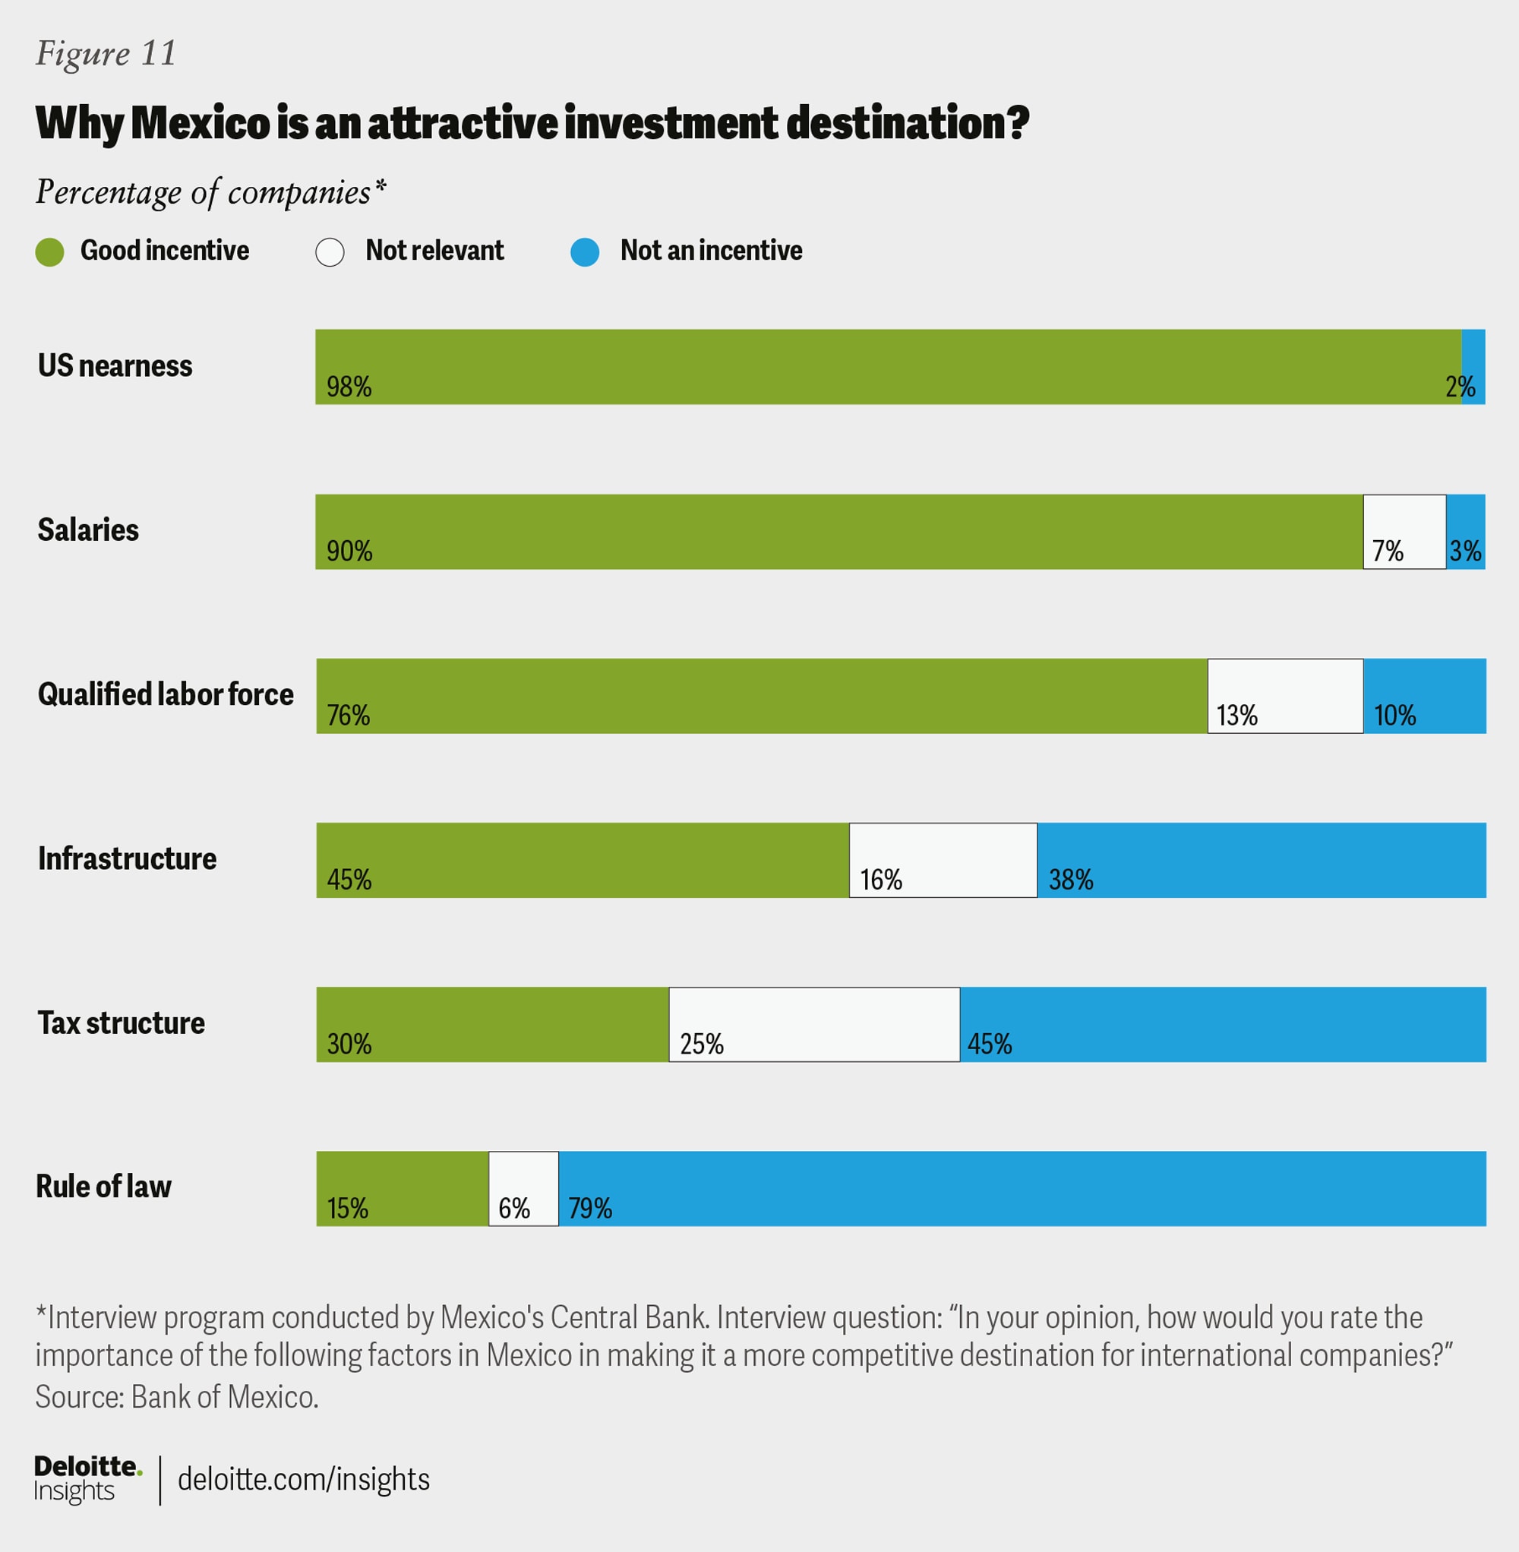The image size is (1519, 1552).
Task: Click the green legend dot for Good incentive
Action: pyautogui.click(x=49, y=252)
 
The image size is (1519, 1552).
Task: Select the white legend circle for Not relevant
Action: pyautogui.click(x=330, y=252)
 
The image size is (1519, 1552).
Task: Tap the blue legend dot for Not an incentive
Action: pyautogui.click(x=585, y=252)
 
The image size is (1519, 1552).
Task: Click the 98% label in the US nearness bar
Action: pyautogui.click(x=349, y=387)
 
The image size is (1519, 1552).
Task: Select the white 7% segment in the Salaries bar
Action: pyautogui.click(x=1404, y=532)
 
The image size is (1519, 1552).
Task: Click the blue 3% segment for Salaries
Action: pyautogui.click(x=1466, y=532)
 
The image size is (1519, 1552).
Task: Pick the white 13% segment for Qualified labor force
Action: pyautogui.click(x=1285, y=696)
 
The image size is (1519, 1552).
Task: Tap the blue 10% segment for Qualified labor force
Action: pyautogui.click(x=1425, y=696)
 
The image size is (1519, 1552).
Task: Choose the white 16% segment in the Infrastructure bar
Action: pyautogui.click(x=943, y=860)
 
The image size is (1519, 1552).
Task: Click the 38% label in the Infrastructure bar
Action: pyautogui.click(x=1070, y=880)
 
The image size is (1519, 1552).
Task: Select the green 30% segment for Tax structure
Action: pyautogui.click(x=492, y=1025)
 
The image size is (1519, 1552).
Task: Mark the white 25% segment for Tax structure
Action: pyautogui.click(x=813, y=1025)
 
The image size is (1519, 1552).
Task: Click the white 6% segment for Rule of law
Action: pyautogui.click(x=523, y=1189)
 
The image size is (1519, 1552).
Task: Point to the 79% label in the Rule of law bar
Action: pyautogui.click(x=589, y=1208)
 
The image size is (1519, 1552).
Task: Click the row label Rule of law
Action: pyautogui.click(x=104, y=1187)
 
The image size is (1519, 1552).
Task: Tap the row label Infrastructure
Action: pyautogui.click(x=127, y=858)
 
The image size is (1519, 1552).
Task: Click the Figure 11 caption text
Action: pyautogui.click(x=106, y=53)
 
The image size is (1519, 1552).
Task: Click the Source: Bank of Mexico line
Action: pyautogui.click(x=176, y=1397)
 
